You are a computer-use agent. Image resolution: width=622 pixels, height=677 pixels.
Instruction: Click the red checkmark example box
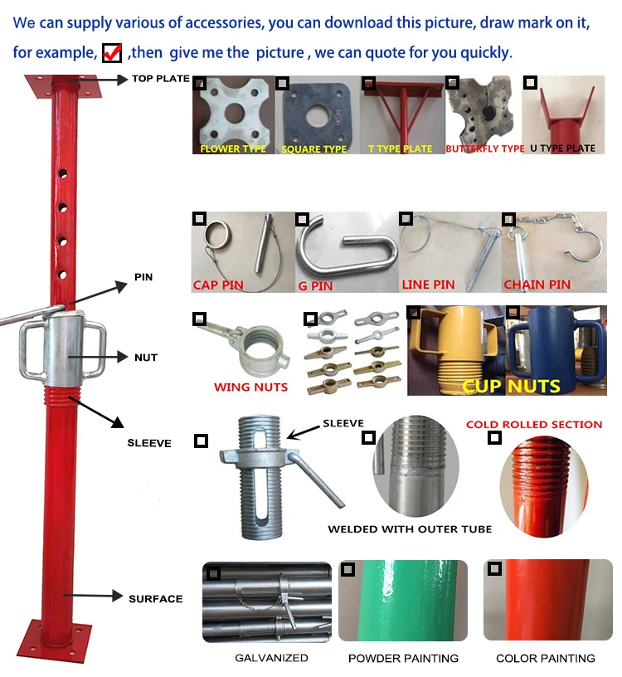point(112,52)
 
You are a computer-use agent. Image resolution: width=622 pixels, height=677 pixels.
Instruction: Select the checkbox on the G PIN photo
point(302,219)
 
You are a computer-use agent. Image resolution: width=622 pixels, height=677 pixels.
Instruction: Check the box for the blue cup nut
point(513,313)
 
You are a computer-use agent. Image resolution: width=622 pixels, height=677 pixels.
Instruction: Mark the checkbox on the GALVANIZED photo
point(213,573)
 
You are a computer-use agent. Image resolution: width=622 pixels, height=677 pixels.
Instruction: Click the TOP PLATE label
point(160,80)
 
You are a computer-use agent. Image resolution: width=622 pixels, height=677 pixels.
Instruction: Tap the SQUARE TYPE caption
point(313,149)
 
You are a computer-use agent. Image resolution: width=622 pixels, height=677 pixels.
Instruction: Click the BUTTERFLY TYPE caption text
point(484,149)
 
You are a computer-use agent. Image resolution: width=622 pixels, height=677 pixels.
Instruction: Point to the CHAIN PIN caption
point(537,285)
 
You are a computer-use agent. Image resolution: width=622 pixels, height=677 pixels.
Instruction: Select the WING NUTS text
point(250,387)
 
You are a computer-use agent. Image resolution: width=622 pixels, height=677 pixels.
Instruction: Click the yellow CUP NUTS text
point(511,386)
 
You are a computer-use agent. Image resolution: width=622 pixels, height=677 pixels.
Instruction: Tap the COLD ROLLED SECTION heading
point(534,424)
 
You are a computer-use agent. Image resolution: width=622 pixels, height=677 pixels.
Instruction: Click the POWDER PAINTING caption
point(403,658)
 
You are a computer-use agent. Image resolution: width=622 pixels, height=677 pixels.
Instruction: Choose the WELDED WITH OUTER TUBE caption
point(410,528)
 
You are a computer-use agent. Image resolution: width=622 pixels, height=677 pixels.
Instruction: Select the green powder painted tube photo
point(403,602)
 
